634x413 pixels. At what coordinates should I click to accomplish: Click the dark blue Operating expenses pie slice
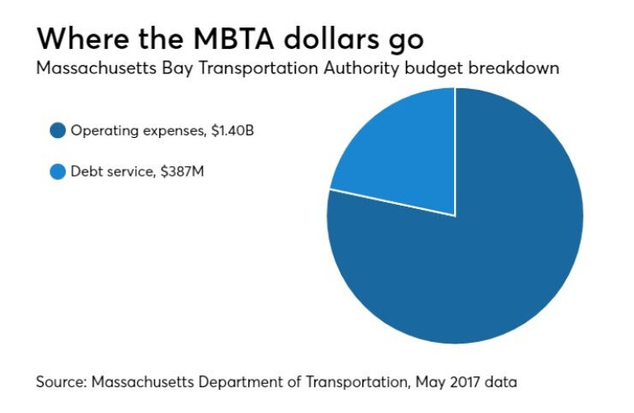point(480,266)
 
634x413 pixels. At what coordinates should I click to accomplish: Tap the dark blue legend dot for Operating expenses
point(58,131)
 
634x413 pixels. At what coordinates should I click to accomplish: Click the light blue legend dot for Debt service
point(58,171)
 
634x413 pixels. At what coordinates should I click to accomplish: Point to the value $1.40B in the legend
point(231,131)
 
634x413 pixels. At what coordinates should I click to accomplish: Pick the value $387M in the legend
point(186,171)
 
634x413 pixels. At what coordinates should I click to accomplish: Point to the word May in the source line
point(420,382)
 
